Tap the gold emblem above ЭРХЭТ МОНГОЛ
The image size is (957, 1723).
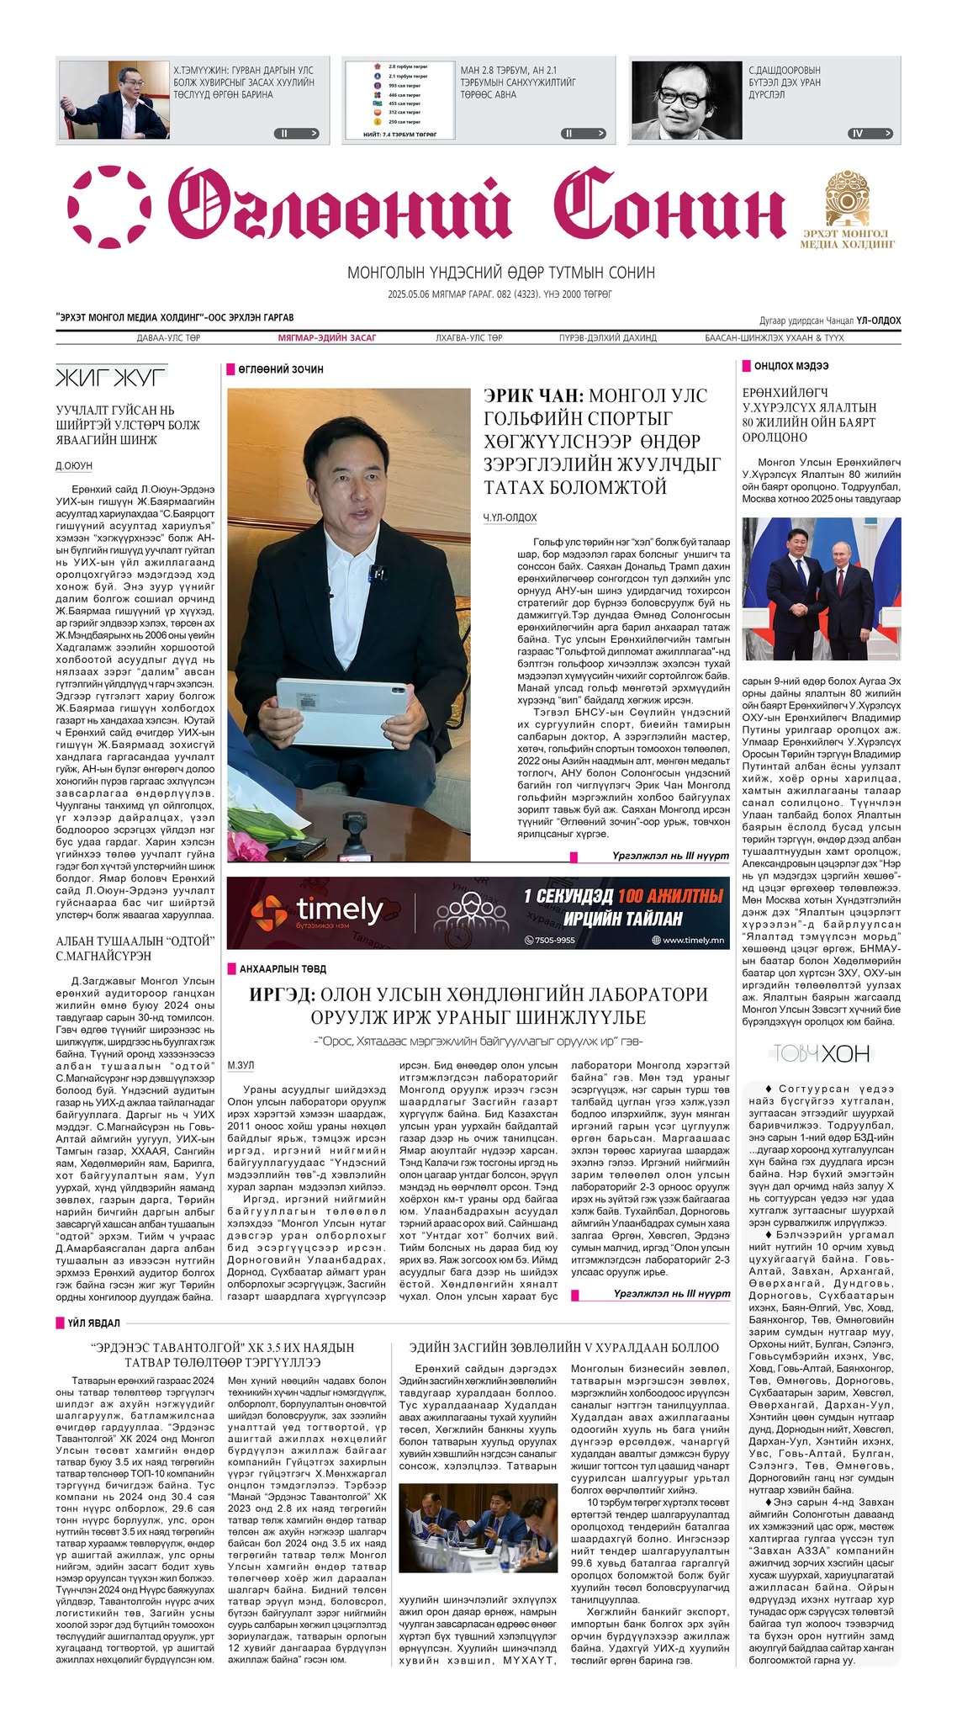pos(848,196)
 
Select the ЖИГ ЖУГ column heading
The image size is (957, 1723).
pos(110,378)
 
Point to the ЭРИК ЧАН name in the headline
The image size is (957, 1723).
pos(532,395)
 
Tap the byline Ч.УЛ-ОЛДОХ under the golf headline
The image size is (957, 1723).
pos(510,517)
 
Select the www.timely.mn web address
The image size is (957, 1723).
pos(692,940)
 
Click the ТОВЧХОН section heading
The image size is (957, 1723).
pos(821,1053)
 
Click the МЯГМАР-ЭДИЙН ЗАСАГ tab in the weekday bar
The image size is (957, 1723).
pos(327,338)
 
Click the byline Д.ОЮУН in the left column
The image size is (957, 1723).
pos(74,466)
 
